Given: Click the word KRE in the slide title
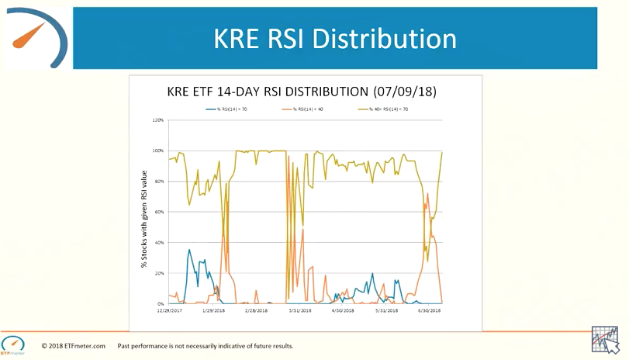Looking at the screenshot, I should click(236, 40).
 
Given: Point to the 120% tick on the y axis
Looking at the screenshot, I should click(158, 120).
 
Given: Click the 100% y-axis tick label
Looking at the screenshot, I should click(158, 151).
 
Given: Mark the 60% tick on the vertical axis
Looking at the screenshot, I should click(159, 212).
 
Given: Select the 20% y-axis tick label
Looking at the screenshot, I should click(159, 273).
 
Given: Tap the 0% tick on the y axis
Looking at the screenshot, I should click(160, 303).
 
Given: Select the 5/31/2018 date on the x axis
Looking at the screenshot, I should click(385, 310).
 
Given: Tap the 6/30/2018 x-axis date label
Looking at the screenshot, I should click(429, 310).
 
